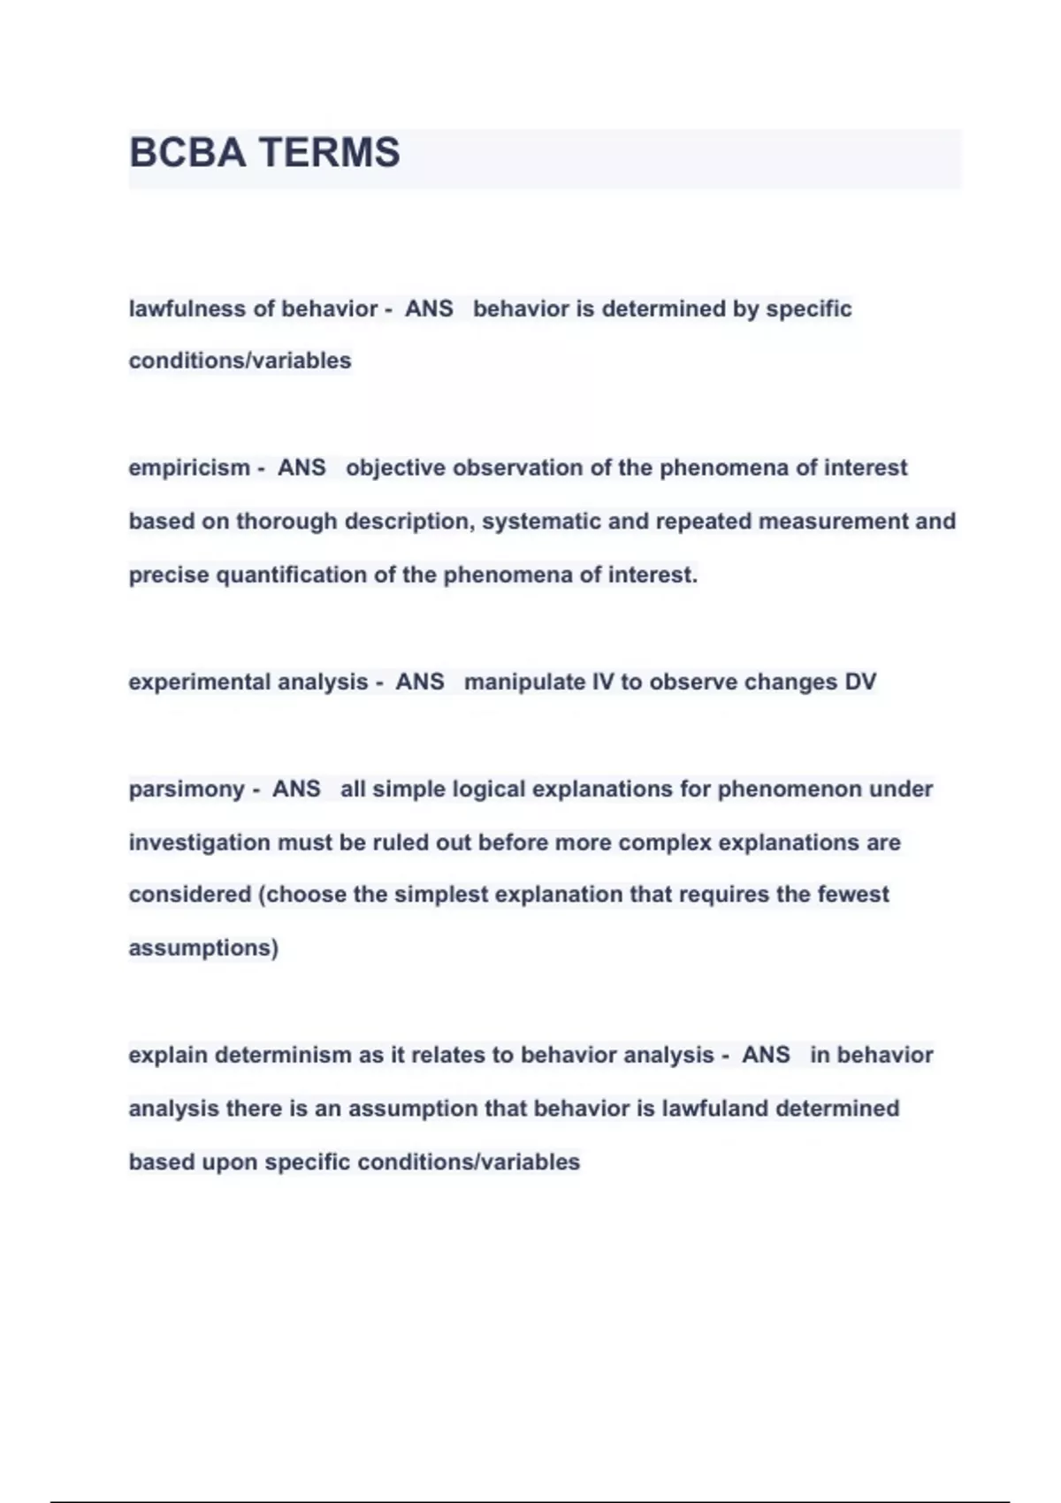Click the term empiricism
[189, 468]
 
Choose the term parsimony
[187, 789]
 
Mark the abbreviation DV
[860, 682]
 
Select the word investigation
[200, 843]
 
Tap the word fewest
[853, 895]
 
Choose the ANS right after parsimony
[296, 789]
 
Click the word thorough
[286, 522]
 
